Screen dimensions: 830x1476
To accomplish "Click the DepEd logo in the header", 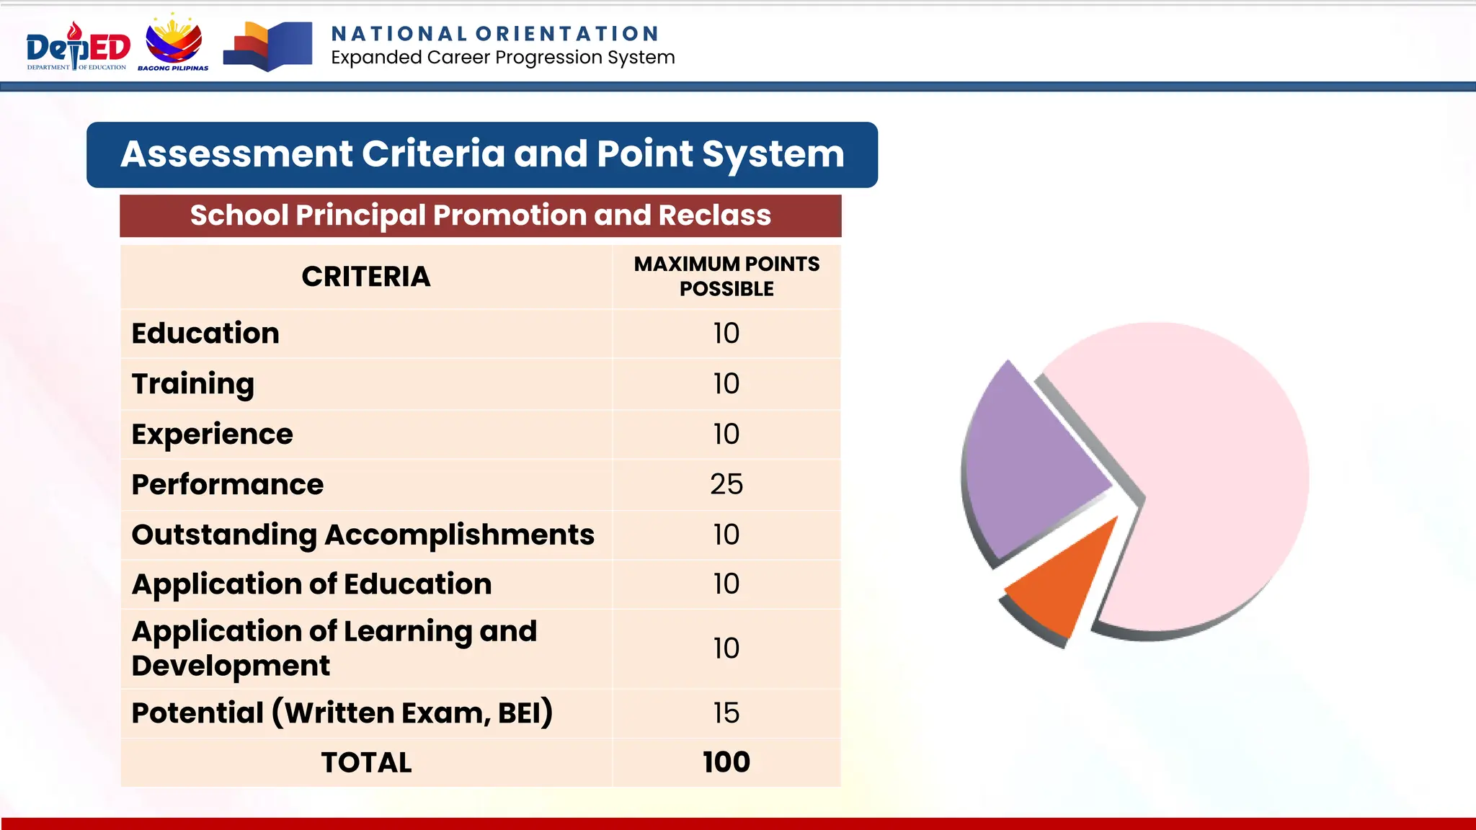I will [78, 48].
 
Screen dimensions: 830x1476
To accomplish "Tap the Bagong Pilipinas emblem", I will [174, 43].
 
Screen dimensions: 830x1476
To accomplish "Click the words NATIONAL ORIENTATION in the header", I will [495, 34].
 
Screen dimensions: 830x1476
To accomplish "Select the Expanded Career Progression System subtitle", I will [502, 58].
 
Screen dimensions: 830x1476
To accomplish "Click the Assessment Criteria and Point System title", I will [482, 154].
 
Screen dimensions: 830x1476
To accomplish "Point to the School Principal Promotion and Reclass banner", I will [480, 215].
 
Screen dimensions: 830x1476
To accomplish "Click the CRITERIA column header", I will [365, 277].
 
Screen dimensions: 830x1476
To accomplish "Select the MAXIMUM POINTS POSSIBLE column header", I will [726, 277].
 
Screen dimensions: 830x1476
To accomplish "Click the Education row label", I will [205, 334].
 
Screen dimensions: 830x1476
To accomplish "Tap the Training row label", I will [192, 384].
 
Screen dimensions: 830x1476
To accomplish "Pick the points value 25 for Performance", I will [726, 484].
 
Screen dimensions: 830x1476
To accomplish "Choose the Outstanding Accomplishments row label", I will [363, 535].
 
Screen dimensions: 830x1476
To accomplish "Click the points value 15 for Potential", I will [726, 713].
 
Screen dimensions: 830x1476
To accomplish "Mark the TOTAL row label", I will [366, 762].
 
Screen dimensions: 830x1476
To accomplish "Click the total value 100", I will [726, 762].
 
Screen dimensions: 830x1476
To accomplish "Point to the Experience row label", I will [212, 434].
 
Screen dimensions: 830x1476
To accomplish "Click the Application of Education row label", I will [311, 584].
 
